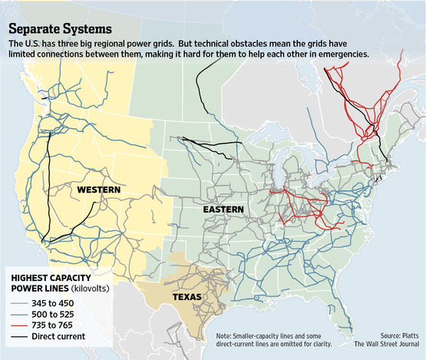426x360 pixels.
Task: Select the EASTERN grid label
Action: [x=223, y=209]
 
